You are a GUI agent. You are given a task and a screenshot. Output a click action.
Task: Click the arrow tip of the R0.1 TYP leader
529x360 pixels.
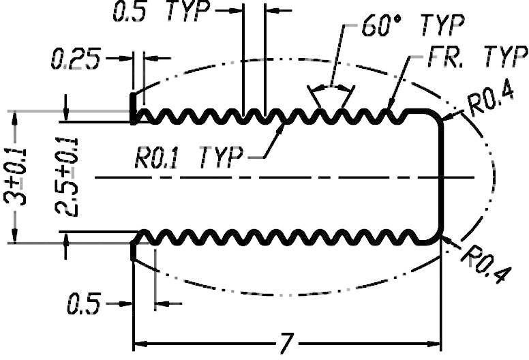tap(284, 125)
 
